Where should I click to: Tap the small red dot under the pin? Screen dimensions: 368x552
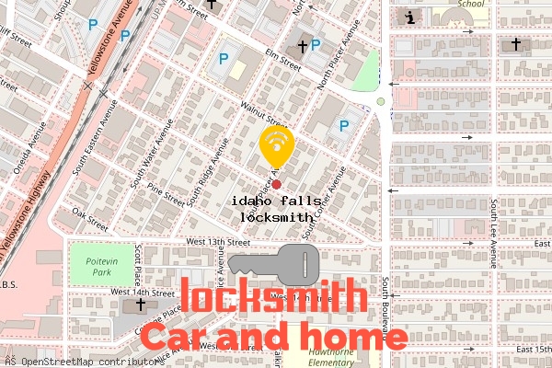tap(277, 185)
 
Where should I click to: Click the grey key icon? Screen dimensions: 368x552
tap(274, 264)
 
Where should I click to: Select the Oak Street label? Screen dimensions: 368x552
tap(90, 216)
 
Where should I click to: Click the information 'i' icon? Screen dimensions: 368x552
tap(409, 17)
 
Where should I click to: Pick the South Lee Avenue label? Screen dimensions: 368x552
tap(495, 230)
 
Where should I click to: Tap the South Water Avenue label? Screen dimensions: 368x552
tap(151, 156)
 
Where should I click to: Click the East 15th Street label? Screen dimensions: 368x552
tap(533, 349)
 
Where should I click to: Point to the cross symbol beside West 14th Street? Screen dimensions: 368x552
tap(141, 305)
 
